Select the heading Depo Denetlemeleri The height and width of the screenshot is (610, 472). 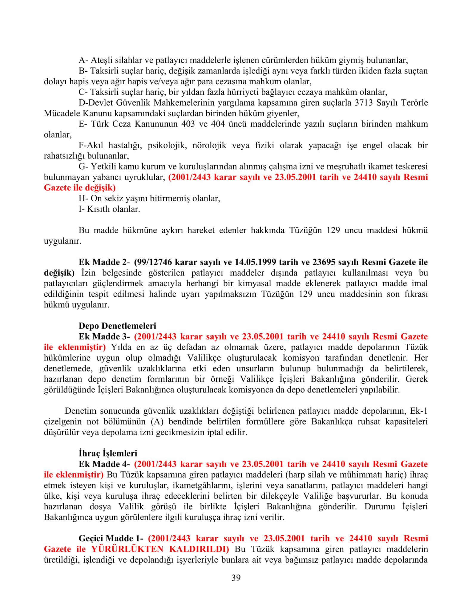[x=117, y=326]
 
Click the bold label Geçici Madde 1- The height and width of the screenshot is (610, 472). [x=111, y=538]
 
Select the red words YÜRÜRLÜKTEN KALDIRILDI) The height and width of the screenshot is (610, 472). [x=160, y=549]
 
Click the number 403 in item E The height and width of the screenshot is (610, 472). [x=188, y=124]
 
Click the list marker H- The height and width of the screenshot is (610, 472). [x=83, y=198]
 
